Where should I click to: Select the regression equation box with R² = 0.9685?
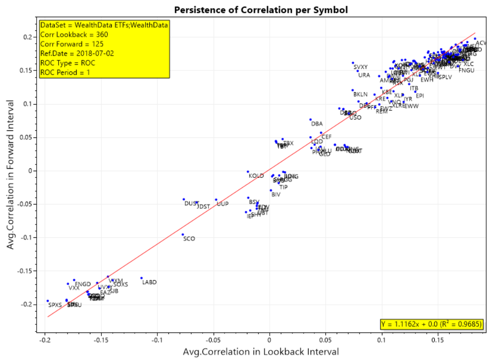coord(431,324)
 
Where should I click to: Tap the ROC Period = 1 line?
coord(65,72)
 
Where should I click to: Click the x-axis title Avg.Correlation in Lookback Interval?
coord(261,352)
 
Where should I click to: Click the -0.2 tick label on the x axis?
coord(45,341)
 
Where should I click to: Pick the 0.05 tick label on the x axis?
coord(325,341)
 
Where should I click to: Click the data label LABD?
coord(149,282)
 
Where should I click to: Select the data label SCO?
coord(189,239)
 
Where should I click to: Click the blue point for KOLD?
coord(248,172)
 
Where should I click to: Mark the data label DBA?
coord(317,124)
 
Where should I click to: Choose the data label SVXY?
coord(361,68)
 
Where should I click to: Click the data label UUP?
coord(223,204)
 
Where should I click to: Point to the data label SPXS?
coord(55,305)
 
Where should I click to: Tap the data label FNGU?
coord(467,71)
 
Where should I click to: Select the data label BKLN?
coord(361,95)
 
